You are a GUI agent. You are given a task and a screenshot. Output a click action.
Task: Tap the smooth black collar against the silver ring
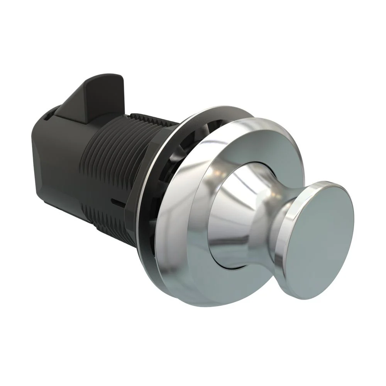click(145, 185)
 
